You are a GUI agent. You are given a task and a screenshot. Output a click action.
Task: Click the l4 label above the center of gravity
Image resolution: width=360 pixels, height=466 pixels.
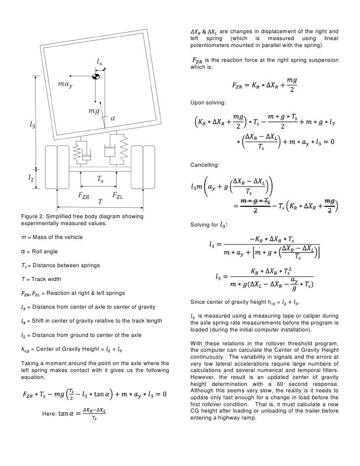click(99, 63)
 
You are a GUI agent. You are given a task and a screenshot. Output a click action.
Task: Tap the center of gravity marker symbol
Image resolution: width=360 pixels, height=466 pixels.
click(95, 76)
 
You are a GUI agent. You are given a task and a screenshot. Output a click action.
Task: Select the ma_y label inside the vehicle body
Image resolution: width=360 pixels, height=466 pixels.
click(65, 85)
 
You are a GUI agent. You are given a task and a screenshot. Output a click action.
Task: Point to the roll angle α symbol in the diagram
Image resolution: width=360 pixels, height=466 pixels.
click(112, 118)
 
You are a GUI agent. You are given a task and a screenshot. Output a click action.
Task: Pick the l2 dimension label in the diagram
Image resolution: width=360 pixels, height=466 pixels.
click(30, 178)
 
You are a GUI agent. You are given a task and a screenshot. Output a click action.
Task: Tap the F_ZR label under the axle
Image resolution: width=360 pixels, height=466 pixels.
click(83, 195)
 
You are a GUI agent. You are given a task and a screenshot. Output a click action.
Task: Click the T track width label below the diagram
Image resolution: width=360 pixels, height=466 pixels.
click(100, 203)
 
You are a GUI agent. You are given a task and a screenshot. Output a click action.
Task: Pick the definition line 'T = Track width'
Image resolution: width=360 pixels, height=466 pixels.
click(41, 280)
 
